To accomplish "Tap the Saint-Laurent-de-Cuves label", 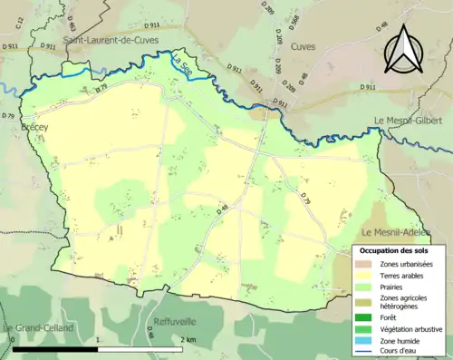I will [111, 40].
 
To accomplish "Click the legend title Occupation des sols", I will [399, 249].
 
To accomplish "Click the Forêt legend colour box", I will [365, 317].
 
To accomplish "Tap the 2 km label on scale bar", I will [187, 339].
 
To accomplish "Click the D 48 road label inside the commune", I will [223, 210].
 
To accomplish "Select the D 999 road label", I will [271, 10].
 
